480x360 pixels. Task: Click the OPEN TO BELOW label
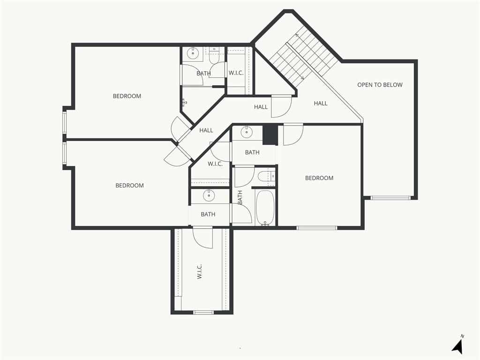point(380,85)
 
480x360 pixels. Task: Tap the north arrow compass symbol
point(458,345)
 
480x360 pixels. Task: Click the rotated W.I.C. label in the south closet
point(199,271)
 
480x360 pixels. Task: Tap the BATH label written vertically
point(240,197)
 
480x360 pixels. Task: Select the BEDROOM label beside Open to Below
point(319,178)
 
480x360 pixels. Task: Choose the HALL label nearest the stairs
point(321,104)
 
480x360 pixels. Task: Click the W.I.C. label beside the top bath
point(236,73)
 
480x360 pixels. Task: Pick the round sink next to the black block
point(246,132)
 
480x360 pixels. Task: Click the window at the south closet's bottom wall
point(203,312)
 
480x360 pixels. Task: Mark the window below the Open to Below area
point(390,198)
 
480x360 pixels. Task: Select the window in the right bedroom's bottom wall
point(317,228)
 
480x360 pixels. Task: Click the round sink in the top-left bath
point(193,53)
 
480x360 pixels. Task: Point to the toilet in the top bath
point(214,56)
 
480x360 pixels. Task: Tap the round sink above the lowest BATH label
point(209,195)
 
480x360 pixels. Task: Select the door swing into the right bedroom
point(293,135)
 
